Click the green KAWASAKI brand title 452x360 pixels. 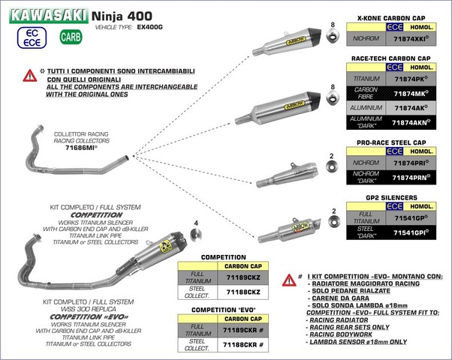point(45,13)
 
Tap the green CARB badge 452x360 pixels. point(69,36)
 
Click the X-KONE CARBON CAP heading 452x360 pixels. point(393,16)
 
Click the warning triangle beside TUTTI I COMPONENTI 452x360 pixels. point(31,74)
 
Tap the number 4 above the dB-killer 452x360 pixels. point(196,223)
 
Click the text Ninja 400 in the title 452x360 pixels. point(119,13)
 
